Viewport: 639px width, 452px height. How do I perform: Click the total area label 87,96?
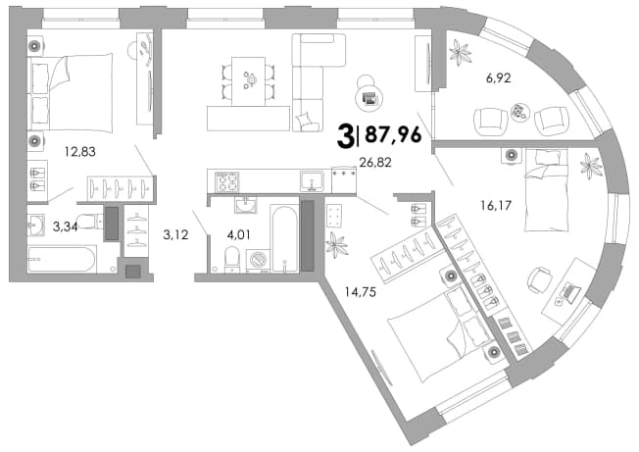click(393, 134)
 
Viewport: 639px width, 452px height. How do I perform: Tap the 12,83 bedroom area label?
click(80, 152)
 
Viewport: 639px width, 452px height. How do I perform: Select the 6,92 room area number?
click(499, 77)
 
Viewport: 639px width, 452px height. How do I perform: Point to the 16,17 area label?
click(496, 205)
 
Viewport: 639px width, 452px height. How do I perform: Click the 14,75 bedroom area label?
click(361, 292)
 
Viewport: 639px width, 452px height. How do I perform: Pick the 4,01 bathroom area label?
click(238, 234)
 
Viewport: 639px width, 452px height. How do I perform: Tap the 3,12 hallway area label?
click(175, 234)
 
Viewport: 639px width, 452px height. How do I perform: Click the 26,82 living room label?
click(375, 162)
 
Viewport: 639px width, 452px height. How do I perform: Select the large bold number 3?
click(345, 137)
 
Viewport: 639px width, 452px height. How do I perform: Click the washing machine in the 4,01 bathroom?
click(259, 260)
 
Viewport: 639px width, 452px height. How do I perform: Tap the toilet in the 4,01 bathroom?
click(232, 259)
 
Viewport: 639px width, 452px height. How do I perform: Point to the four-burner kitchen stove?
click(227, 181)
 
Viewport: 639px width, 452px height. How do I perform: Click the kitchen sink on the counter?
click(313, 181)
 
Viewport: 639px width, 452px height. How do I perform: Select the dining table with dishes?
click(248, 81)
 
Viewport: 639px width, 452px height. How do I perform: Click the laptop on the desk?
click(571, 291)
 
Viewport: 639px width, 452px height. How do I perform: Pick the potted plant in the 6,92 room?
click(460, 52)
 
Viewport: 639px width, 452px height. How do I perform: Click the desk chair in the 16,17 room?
click(540, 279)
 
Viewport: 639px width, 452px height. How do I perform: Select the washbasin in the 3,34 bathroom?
click(36, 225)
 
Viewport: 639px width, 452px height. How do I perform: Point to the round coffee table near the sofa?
click(369, 98)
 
